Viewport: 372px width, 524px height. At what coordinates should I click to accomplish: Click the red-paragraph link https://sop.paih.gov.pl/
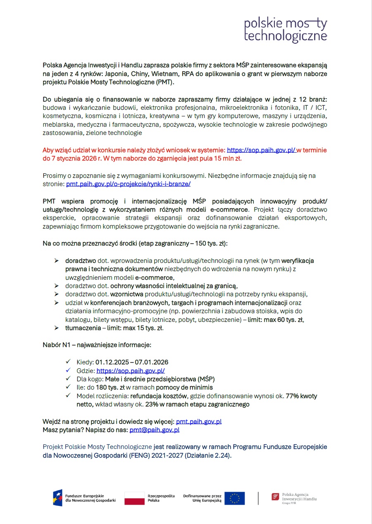[261, 150]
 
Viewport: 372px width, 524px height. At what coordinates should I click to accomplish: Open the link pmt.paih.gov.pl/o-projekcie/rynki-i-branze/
[128, 184]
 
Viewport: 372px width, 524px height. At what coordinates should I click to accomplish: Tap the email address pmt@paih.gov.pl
[154, 430]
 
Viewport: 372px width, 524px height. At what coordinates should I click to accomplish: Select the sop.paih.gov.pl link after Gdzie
[131, 371]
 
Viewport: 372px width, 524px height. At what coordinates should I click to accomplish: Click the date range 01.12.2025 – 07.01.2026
[132, 362]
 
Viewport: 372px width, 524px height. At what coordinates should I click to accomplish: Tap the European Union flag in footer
[234, 498]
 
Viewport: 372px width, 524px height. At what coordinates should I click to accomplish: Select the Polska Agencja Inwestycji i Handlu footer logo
[294, 498]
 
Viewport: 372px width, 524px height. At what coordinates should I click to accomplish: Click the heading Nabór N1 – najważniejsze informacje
[97, 345]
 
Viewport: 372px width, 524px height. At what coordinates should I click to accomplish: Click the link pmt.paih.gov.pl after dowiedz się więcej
[199, 422]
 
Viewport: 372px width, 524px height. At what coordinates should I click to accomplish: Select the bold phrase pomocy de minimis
[184, 387]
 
